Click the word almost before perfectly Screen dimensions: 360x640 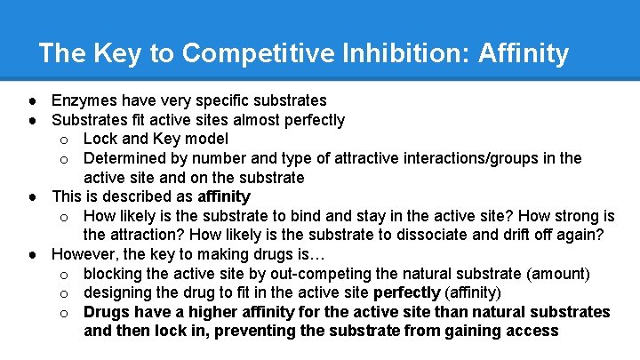[x=249, y=119]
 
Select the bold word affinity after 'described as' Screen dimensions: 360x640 [x=224, y=196]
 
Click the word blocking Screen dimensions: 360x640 [x=115, y=273]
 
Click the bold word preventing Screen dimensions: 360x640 [x=263, y=332]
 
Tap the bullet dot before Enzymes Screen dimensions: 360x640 [x=32, y=100]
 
